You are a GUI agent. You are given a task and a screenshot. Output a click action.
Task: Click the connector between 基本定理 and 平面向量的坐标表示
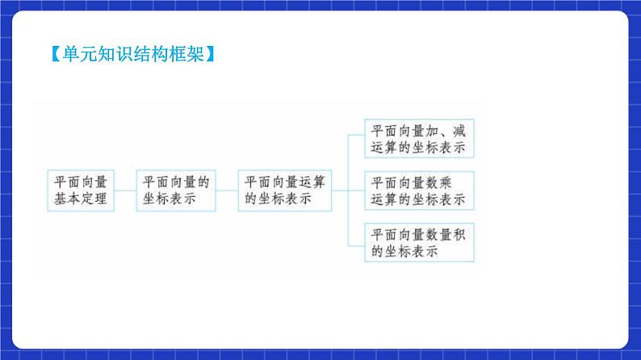125,190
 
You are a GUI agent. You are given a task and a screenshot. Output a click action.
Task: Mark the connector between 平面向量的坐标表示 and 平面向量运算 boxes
228,190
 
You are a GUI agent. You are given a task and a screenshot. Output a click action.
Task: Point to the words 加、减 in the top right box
446,131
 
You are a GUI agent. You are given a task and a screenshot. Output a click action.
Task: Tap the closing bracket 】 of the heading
210,55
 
